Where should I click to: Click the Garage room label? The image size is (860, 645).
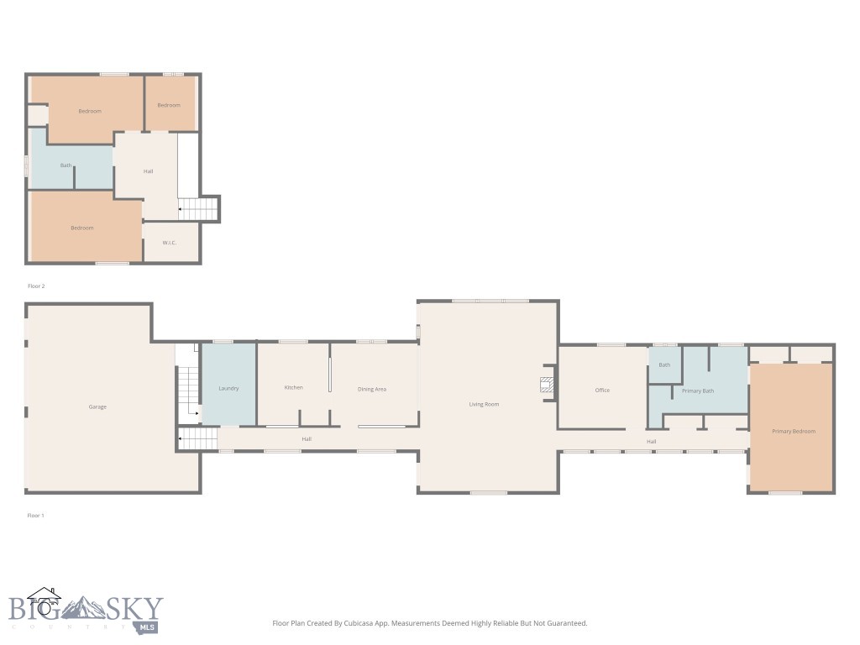click(x=97, y=407)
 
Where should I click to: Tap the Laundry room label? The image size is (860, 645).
click(x=229, y=389)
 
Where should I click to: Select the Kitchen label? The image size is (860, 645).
click(x=293, y=388)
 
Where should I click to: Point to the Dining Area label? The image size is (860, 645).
click(x=372, y=389)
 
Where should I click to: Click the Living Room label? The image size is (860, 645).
click(x=484, y=405)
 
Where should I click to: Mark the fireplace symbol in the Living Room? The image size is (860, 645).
click(x=547, y=385)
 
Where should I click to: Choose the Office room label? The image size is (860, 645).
click(x=602, y=391)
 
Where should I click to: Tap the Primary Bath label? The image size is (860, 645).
click(x=698, y=391)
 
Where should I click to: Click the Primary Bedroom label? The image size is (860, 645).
click(x=794, y=432)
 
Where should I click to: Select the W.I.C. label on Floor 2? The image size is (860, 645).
click(x=169, y=244)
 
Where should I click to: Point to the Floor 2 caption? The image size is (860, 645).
click(x=36, y=286)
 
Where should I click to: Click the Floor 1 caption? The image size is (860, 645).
click(x=35, y=515)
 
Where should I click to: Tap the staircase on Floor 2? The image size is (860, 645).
click(x=200, y=208)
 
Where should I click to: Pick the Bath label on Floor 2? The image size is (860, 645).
click(x=66, y=165)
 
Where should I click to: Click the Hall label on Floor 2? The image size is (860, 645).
click(x=148, y=171)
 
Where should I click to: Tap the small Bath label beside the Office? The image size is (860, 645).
click(x=664, y=365)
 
